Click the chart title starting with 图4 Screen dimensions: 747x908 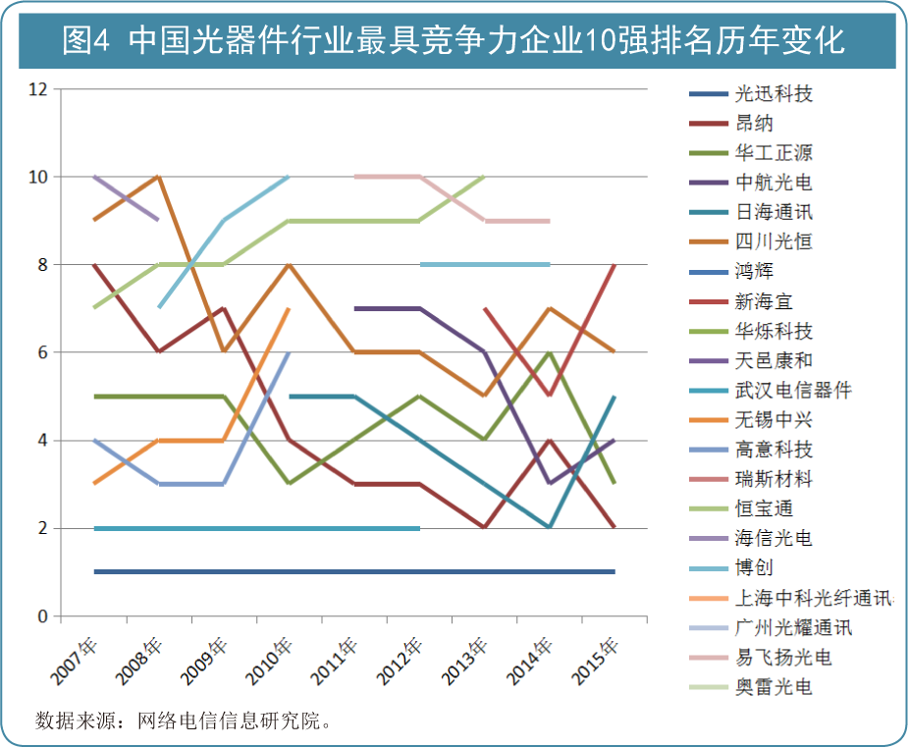[x=453, y=40]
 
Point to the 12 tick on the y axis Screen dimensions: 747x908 [x=39, y=89]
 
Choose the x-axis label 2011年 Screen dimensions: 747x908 [x=337, y=661]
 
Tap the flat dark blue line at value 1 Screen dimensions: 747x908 [x=353, y=571]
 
